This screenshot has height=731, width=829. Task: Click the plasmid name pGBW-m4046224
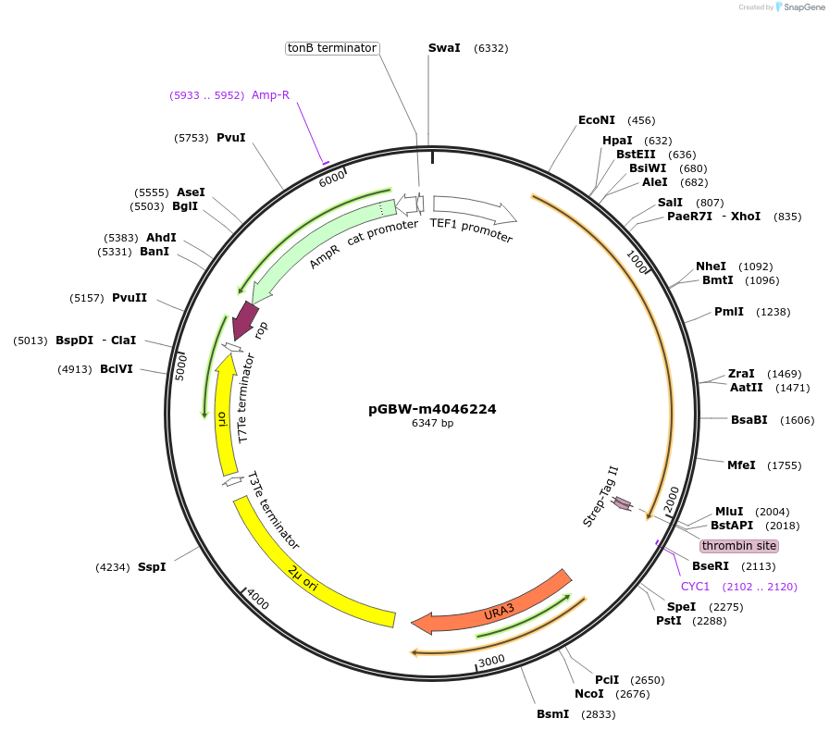(x=431, y=408)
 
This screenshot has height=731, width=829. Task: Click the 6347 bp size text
(x=432, y=424)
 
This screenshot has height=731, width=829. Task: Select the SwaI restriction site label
(x=444, y=48)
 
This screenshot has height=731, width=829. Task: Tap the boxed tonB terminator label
(x=332, y=48)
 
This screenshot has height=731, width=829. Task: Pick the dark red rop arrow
(x=244, y=320)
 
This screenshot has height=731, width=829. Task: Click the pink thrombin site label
(x=739, y=546)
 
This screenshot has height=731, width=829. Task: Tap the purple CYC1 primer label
(x=696, y=587)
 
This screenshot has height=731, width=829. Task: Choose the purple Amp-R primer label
(x=271, y=95)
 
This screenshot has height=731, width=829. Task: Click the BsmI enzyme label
(x=553, y=714)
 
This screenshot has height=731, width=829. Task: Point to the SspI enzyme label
(x=152, y=566)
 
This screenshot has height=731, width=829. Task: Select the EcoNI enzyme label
(x=597, y=120)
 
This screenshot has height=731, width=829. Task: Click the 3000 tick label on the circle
(x=491, y=660)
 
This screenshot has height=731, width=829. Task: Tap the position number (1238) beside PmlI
(x=773, y=312)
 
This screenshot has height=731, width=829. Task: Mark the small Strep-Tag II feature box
(x=623, y=503)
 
